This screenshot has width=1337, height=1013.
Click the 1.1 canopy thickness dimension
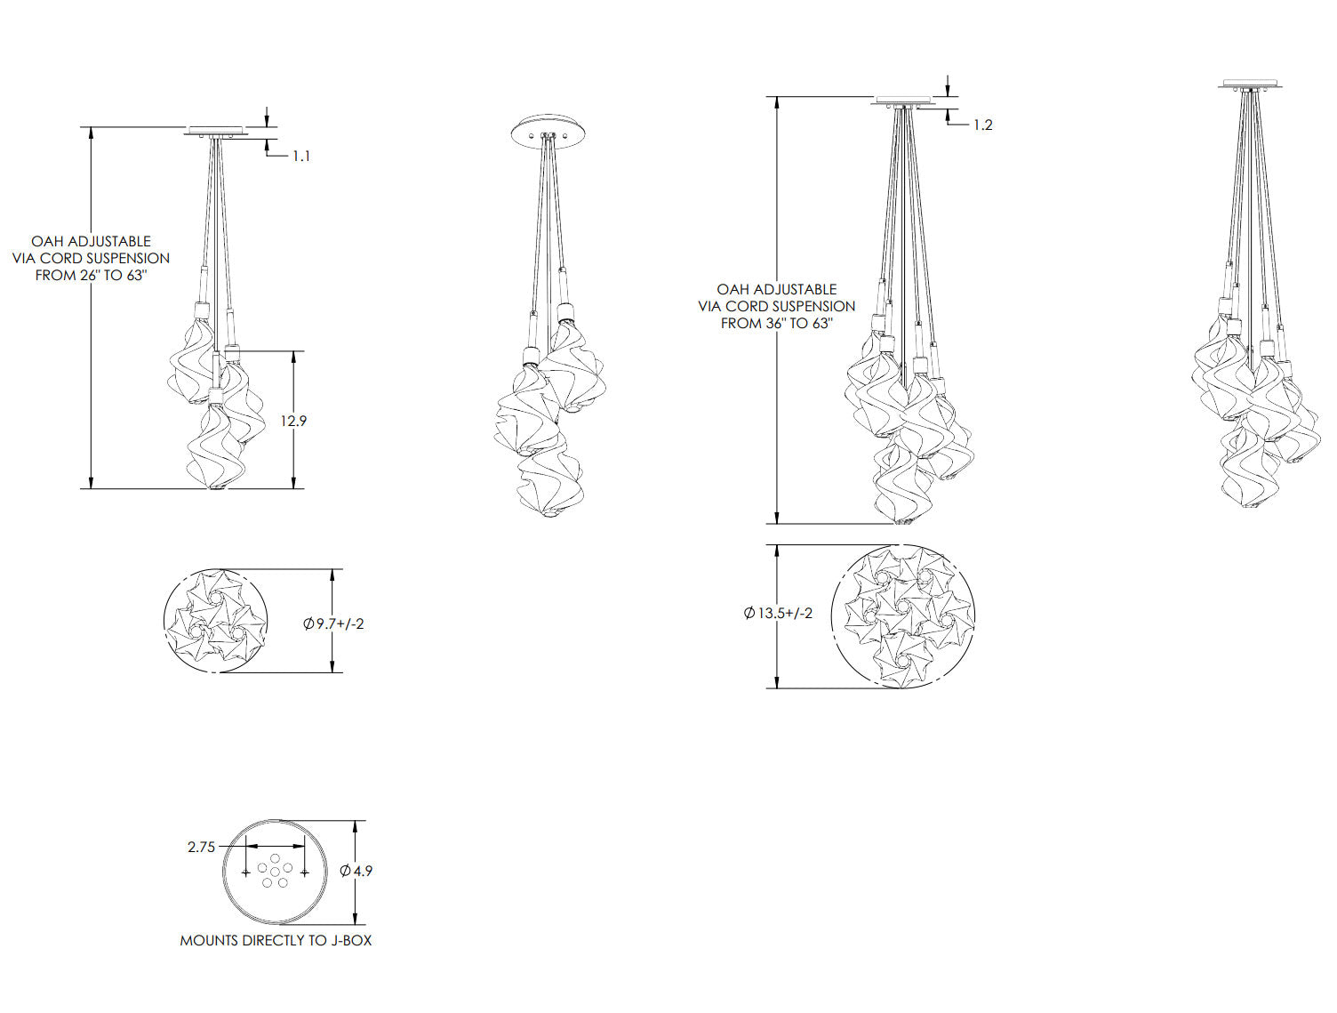click(x=301, y=157)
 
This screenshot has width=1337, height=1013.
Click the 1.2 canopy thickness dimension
click(x=983, y=125)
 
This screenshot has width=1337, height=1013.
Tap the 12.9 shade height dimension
click(x=293, y=421)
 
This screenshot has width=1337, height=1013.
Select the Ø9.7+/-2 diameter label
click(x=333, y=623)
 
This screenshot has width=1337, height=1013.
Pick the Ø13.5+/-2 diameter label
click(x=779, y=613)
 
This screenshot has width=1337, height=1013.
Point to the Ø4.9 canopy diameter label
click(x=356, y=871)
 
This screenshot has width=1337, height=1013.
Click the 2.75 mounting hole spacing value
click(x=202, y=848)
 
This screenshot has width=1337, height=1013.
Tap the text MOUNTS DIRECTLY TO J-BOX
click(x=276, y=940)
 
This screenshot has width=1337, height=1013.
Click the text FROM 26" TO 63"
click(x=92, y=276)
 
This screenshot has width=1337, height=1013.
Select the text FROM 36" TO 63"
click(x=777, y=324)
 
